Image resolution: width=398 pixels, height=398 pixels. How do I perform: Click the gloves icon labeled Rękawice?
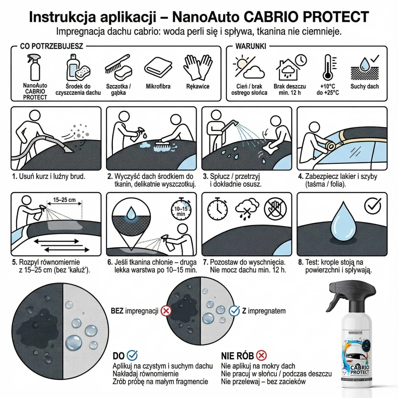pos(198,67)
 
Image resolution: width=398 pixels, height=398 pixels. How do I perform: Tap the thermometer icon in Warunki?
pos(328,67)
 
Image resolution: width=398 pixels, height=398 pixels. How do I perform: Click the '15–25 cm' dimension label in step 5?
pos(64,200)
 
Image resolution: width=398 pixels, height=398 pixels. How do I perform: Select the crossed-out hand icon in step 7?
pos(275,209)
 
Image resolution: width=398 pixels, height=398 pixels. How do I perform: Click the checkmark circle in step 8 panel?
pos(372,206)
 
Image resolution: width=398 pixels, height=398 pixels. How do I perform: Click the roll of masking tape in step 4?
pos(331,146)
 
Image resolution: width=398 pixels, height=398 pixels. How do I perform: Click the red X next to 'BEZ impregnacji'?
pos(166,311)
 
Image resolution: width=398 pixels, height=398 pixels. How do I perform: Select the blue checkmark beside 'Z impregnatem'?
pos(234,311)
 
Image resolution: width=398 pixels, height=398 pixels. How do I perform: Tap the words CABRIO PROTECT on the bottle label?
pos(360,369)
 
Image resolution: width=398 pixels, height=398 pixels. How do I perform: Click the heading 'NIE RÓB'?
pos(237,356)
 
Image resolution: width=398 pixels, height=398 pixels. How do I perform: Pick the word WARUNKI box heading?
pos(251,46)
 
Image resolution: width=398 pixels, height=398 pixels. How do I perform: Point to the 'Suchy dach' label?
pos(365,87)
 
